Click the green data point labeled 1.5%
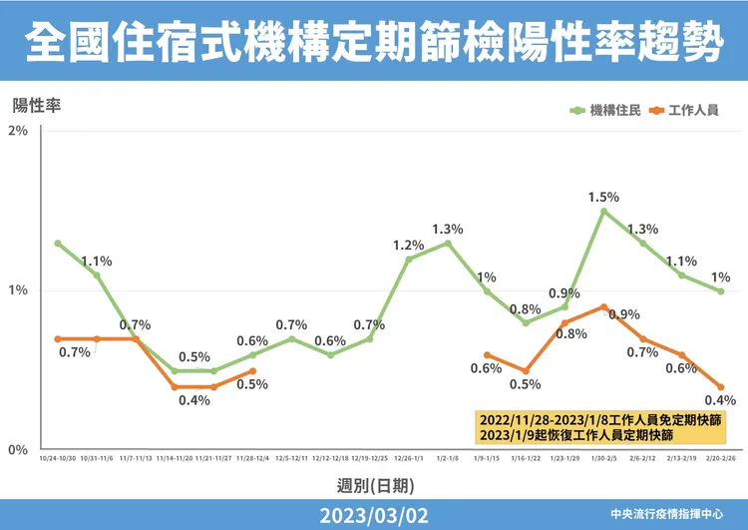603,212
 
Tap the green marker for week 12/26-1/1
409,259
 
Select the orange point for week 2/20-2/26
720,387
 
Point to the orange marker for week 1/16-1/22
526,370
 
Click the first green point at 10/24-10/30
58,244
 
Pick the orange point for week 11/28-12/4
253,371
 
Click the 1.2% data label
408,245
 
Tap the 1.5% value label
603,197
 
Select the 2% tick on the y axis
18,132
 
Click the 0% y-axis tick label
18,450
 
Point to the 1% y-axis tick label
18,290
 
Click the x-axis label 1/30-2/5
603,459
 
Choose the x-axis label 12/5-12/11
291,459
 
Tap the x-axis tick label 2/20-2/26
720,459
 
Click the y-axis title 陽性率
37,105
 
